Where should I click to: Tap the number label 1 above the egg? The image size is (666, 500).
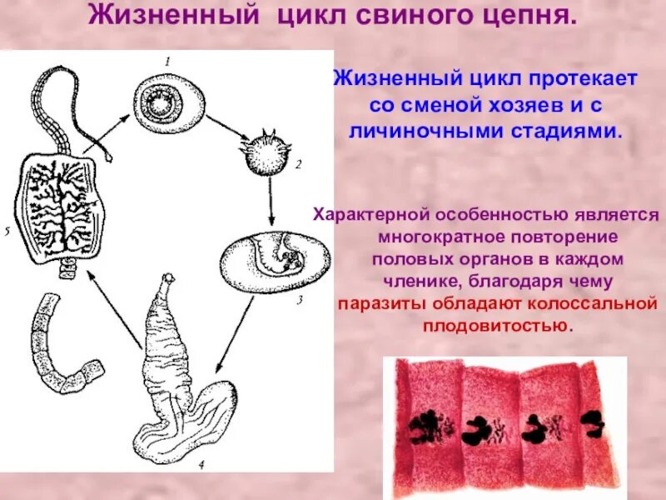pos(166,62)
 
